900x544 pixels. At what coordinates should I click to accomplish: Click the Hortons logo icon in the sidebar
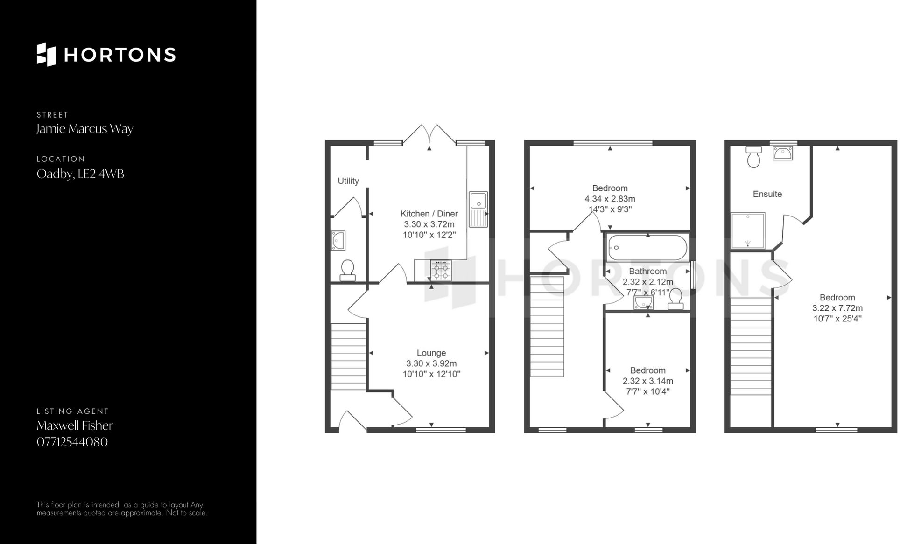(46, 55)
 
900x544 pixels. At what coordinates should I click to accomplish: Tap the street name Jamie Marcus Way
(85, 129)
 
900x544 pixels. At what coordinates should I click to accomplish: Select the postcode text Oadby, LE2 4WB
(80, 174)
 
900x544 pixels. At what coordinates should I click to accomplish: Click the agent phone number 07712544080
(72, 442)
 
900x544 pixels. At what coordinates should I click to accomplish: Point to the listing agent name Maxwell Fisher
(75, 425)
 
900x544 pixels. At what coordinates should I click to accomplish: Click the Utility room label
(348, 181)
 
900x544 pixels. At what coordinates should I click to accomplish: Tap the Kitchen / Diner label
(429, 214)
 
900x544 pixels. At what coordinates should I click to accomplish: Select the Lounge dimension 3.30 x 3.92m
(431, 363)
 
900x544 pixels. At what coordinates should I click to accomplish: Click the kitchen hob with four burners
(441, 270)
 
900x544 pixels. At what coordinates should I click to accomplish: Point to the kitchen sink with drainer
(478, 209)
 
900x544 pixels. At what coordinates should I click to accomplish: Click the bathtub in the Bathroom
(647, 248)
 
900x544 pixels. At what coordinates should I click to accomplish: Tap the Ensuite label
(767, 194)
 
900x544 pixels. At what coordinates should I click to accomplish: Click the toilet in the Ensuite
(753, 157)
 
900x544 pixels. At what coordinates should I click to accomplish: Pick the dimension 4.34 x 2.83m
(610, 199)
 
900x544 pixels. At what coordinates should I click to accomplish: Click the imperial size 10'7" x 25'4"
(837, 319)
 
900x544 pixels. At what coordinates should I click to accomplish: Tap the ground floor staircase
(349, 357)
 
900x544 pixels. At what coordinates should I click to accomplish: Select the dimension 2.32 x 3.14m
(647, 381)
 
